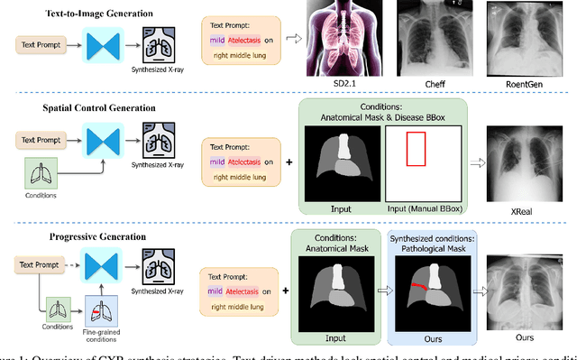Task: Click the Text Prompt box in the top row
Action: coord(43,43)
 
